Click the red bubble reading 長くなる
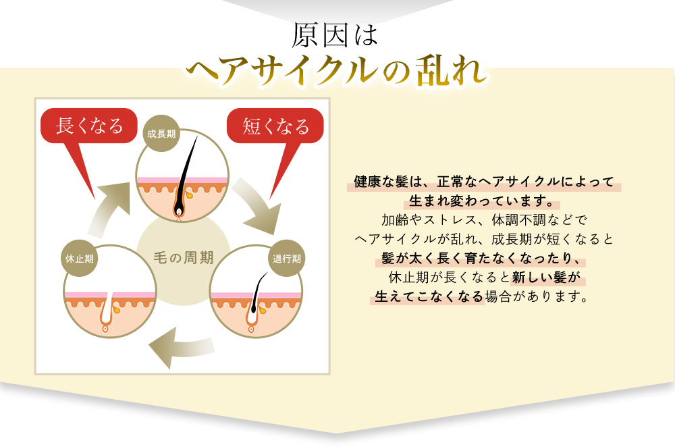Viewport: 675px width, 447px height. coord(88,126)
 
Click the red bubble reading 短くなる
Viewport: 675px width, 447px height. coord(275,126)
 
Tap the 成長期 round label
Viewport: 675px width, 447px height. coord(161,134)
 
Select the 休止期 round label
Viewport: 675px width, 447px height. coord(80,259)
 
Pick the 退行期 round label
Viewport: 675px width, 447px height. coord(287,259)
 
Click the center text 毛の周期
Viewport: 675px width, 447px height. coord(184,257)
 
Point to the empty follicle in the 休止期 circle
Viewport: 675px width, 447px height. coord(107,311)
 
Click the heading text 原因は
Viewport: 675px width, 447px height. coord(335,35)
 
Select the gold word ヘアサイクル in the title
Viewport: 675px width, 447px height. coord(282,71)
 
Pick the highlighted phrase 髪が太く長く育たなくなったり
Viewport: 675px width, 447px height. coord(483,258)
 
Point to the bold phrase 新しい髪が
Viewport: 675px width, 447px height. coord(546,278)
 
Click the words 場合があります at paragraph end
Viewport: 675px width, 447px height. coord(536,296)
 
